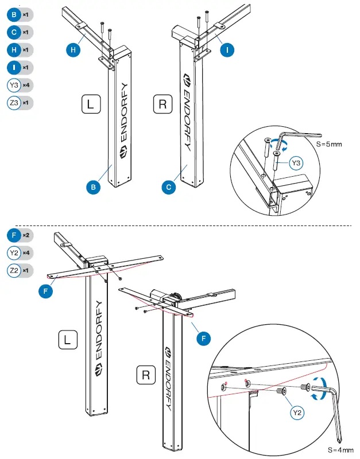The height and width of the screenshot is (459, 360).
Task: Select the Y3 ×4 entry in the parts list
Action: pos(20,85)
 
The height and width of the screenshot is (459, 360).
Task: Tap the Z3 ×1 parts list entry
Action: pos(20,103)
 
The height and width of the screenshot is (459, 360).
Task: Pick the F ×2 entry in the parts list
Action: pos(20,235)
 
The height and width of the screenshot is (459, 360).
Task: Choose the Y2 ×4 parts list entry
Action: pos(20,252)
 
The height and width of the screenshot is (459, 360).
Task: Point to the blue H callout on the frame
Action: pos(73,50)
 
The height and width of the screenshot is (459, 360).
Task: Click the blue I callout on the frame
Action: pos(227,50)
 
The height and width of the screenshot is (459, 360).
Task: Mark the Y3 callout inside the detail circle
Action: pos(296,164)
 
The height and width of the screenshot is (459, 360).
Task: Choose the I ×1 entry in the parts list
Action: pos(20,67)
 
